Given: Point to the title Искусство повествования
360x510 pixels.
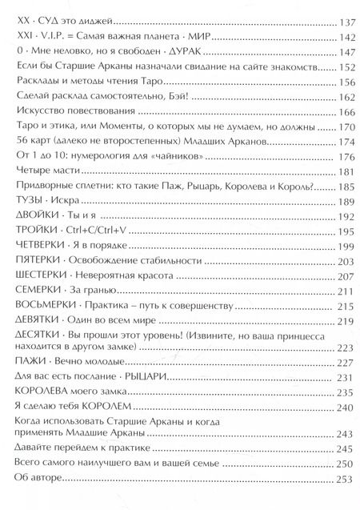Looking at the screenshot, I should click(74, 112).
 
